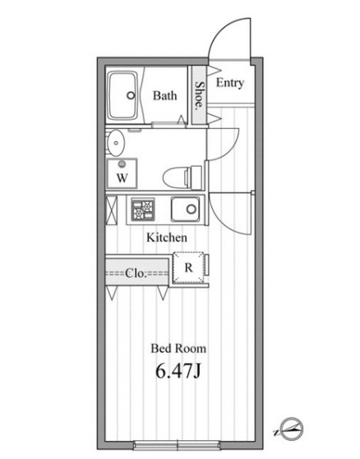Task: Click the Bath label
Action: pyautogui.click(x=165, y=96)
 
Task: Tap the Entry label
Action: pyautogui.click(x=230, y=83)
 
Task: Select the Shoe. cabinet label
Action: pyautogui.click(x=200, y=95)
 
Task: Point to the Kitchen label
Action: pyautogui.click(x=167, y=237)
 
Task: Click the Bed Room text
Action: pyautogui.click(x=178, y=348)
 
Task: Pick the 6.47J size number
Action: pyautogui.click(x=178, y=371)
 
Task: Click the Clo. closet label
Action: pyautogui.click(x=136, y=273)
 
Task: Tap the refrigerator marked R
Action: pyautogui.click(x=189, y=268)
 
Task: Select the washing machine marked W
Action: pyautogui.click(x=122, y=174)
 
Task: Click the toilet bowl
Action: pyautogui.click(x=175, y=177)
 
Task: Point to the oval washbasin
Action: pyautogui.click(x=115, y=143)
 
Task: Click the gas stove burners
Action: pyautogui.click(x=143, y=209)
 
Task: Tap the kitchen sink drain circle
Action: pyautogui.click(x=192, y=209)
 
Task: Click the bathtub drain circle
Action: pyautogui.click(x=131, y=95)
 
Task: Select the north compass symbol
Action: pyautogui.click(x=292, y=429)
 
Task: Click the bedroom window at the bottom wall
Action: pyautogui.click(x=178, y=445)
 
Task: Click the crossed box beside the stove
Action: pyautogui.click(x=111, y=210)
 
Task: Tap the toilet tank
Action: pyautogui.click(x=196, y=177)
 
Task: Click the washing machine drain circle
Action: pyautogui.click(x=122, y=164)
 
